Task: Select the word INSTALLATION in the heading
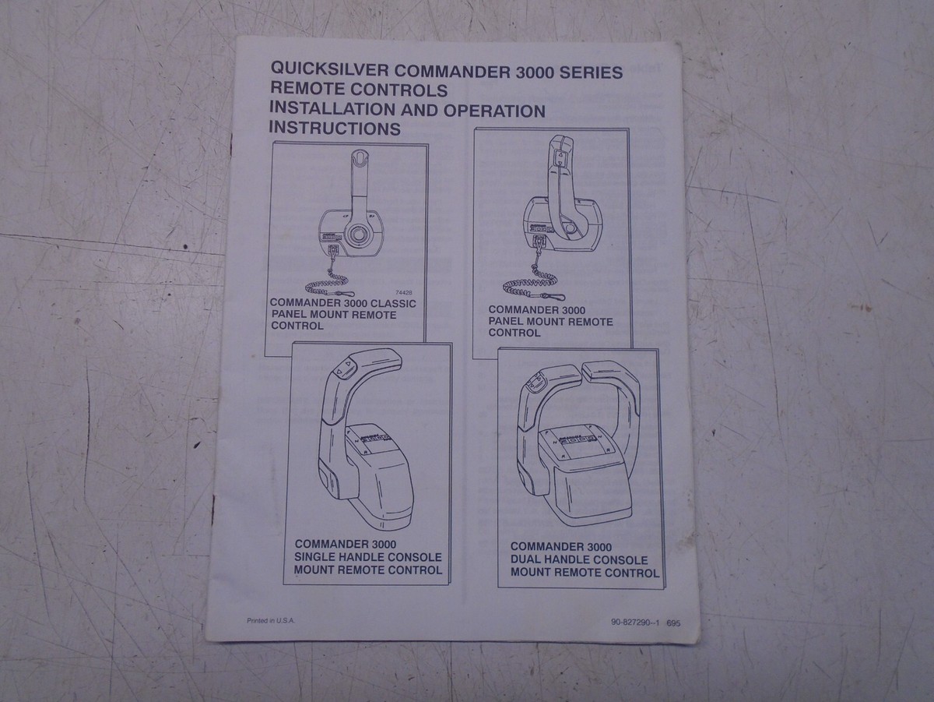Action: pyautogui.click(x=336, y=110)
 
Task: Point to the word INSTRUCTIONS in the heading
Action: pyautogui.click(x=335, y=129)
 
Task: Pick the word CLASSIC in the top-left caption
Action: pyautogui.click(x=389, y=303)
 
